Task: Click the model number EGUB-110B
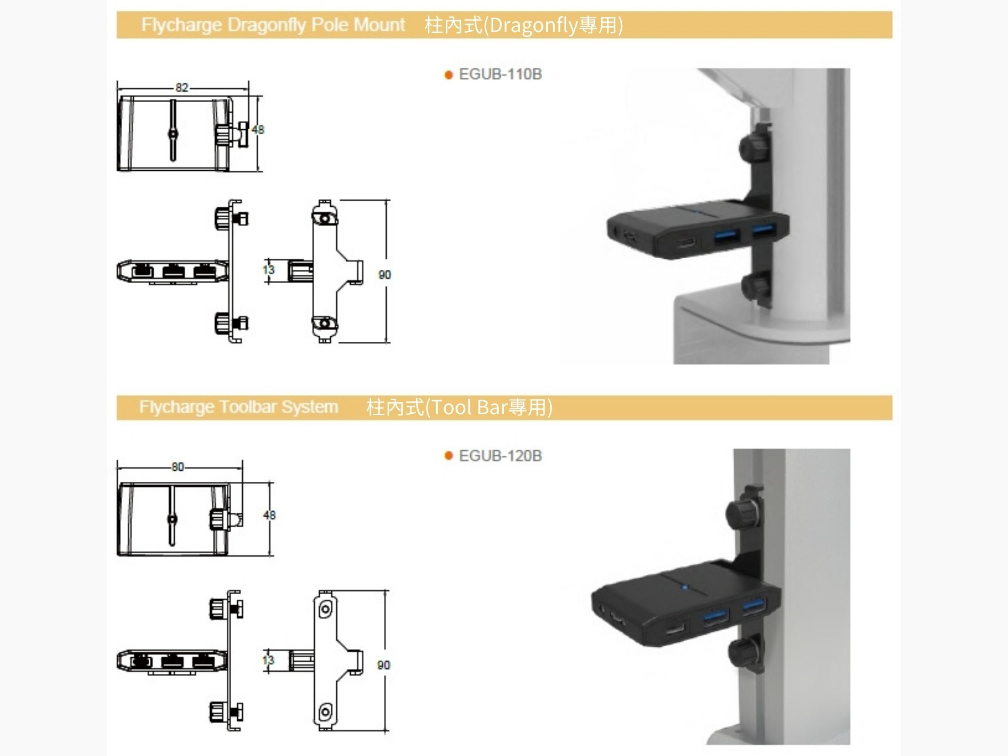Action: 500,74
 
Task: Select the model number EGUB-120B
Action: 500,456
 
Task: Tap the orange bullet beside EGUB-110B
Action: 448,75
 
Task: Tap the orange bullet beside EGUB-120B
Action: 448,456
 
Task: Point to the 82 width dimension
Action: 182,88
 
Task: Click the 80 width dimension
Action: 178,467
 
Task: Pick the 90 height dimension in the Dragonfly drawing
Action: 384,275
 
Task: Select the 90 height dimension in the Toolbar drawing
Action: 384,665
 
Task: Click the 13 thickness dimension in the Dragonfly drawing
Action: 269,270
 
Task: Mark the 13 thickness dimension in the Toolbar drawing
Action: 268,660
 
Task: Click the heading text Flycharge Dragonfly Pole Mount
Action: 273,24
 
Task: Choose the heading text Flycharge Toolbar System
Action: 239,407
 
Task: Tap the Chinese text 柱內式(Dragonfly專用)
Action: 524,25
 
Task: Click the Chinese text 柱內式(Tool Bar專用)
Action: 460,407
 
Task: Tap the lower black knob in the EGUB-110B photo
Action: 755,287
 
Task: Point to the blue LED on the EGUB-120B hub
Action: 684,588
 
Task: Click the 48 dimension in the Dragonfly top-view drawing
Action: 258,130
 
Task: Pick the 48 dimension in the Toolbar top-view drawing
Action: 269,516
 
